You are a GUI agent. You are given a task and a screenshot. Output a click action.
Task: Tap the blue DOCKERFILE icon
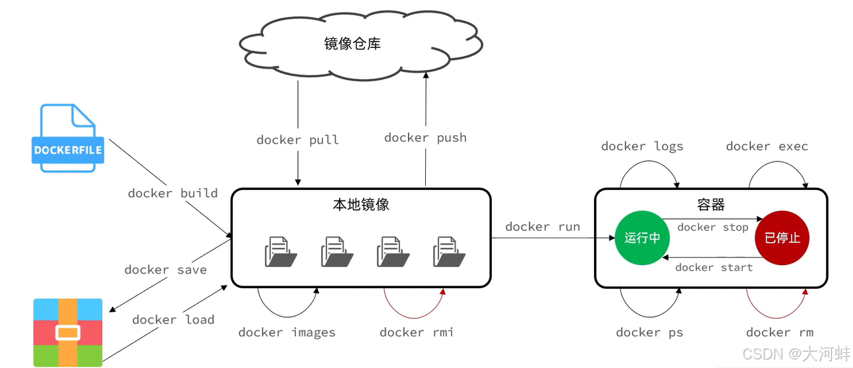[x=68, y=138]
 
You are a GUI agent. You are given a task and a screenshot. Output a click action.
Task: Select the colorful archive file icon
[x=68, y=332]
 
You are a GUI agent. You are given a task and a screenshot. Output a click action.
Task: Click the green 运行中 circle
[x=642, y=237]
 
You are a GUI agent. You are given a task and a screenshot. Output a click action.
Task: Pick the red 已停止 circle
[x=782, y=237]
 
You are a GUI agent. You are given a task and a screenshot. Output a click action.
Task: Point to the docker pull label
[x=297, y=140]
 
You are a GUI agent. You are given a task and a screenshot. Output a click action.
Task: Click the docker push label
[x=425, y=137]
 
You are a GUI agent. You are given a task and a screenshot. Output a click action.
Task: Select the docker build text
[x=173, y=193]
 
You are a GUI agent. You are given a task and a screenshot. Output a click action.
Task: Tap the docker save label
[x=165, y=270]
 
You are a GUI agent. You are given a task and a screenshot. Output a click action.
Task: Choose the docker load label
[x=173, y=320]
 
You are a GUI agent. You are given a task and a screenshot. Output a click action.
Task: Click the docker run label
[x=543, y=226]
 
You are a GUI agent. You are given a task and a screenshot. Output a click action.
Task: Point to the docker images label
[x=287, y=332]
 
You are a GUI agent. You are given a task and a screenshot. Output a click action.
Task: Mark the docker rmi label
[x=417, y=332]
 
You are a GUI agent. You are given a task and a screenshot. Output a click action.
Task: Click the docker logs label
[x=642, y=146]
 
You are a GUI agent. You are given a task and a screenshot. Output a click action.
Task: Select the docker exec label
[x=767, y=146]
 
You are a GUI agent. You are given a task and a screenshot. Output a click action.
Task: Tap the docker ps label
[x=649, y=332]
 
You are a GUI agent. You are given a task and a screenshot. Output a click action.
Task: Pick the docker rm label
[x=780, y=332]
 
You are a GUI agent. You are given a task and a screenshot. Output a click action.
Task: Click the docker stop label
[x=713, y=228]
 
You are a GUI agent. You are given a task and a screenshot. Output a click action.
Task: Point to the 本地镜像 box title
[x=361, y=204]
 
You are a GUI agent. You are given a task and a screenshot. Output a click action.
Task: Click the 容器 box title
[x=711, y=204]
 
